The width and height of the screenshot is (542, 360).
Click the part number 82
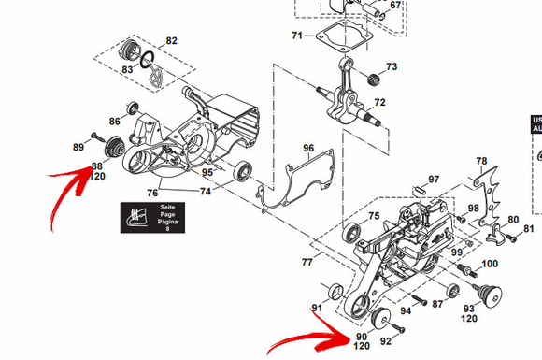point(171,41)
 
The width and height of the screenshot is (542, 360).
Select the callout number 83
point(127,70)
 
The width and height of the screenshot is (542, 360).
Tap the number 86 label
point(115,122)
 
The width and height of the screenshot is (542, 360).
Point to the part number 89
point(78,148)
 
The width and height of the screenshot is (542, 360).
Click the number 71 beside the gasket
point(296,36)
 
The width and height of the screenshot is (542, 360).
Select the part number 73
point(392,67)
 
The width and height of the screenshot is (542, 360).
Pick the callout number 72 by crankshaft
point(380,102)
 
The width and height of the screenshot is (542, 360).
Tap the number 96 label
point(307,148)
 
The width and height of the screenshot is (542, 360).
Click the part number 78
point(481,161)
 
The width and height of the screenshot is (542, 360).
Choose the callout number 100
point(489,264)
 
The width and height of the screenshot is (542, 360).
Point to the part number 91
point(317,308)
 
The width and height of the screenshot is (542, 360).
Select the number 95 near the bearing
point(207,173)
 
